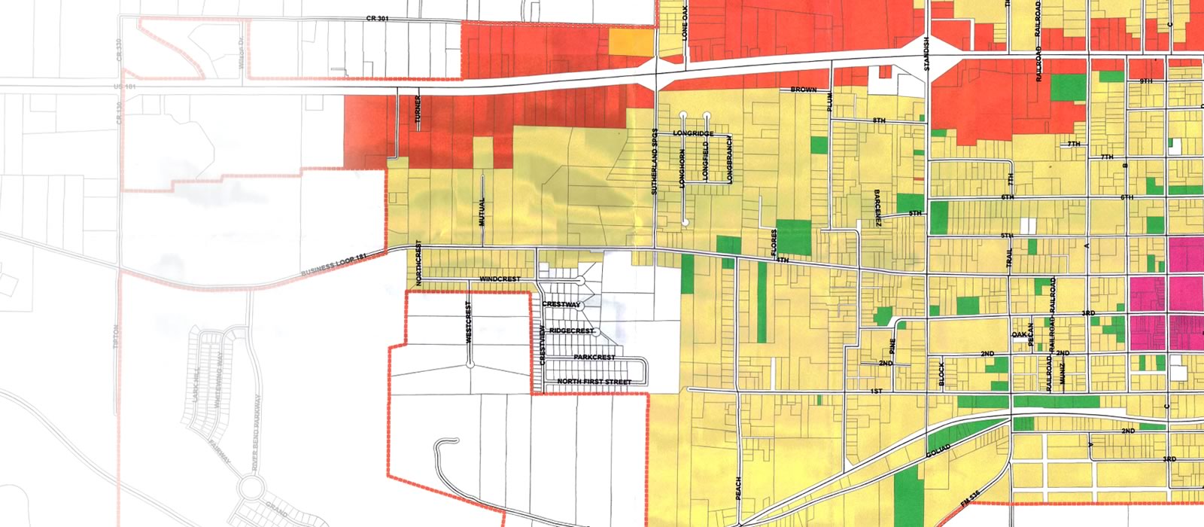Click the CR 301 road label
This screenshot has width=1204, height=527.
coord(377,18)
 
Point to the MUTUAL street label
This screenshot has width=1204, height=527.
coord(482,212)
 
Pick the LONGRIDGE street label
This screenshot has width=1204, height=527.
coord(693,134)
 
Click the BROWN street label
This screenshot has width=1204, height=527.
coord(803,90)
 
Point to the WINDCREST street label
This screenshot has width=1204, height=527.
coord(500,279)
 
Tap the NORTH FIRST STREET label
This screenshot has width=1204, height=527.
coord(594,382)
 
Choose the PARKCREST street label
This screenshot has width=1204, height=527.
coord(594,357)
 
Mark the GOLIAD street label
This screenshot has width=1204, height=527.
coord(940,453)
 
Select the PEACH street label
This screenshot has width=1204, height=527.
coord(737,489)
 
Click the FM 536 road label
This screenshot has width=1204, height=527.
coord(971,500)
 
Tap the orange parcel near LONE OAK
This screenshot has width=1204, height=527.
coord(631,41)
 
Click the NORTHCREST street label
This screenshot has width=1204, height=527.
coord(418,264)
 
